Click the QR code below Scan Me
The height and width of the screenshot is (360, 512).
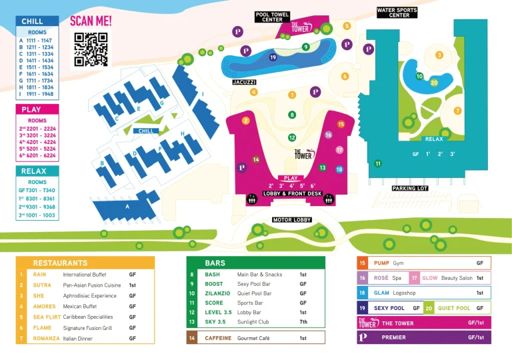click(x=91, y=49)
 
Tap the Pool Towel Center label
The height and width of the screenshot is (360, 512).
click(x=273, y=17)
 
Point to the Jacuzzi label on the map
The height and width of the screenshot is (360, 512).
click(x=245, y=82)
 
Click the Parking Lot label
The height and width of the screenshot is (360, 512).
click(x=409, y=189)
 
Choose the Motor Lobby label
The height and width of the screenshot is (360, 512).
click(x=292, y=220)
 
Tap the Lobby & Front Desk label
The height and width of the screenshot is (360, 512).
click(x=292, y=193)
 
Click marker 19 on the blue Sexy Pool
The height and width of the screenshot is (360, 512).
click(x=273, y=58)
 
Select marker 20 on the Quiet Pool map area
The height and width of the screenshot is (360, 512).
click(x=434, y=83)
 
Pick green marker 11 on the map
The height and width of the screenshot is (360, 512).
click(x=378, y=163)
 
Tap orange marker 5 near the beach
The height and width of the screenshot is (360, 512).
click(x=347, y=26)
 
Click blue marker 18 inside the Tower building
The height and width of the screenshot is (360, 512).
click(x=339, y=169)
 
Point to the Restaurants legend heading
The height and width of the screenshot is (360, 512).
click(x=60, y=263)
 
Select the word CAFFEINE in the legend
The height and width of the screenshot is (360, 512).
click(x=219, y=338)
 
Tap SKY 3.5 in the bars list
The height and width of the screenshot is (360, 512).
click(x=215, y=322)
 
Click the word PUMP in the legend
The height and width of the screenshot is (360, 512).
click(x=381, y=263)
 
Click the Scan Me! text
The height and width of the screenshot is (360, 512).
click(x=91, y=21)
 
